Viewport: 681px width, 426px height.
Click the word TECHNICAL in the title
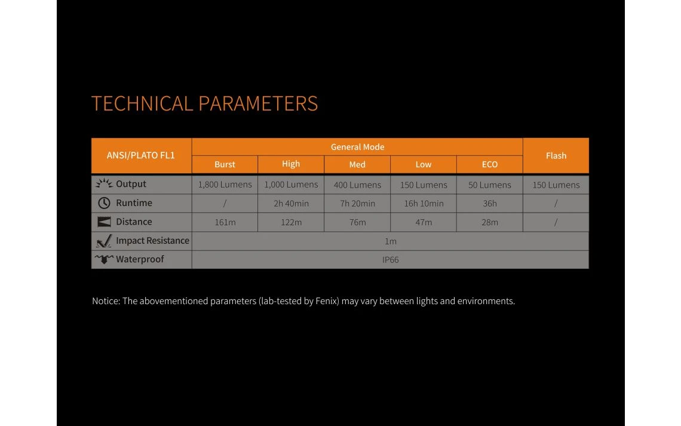click(142, 104)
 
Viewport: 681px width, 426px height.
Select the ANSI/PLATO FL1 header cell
click(141, 155)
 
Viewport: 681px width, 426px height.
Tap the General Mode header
click(357, 147)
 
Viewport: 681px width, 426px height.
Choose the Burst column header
click(225, 164)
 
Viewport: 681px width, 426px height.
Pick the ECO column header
click(489, 164)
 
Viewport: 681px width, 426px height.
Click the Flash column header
click(556, 155)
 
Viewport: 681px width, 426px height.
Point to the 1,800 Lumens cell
click(225, 185)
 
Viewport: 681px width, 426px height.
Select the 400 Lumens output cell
click(357, 185)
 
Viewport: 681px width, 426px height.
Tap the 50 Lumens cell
click(489, 185)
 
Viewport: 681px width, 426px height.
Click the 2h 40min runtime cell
click(291, 203)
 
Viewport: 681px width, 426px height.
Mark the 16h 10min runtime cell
click(424, 203)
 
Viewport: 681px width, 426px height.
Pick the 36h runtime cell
click(489, 203)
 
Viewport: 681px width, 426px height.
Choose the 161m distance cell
click(225, 222)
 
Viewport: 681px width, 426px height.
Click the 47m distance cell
click(424, 222)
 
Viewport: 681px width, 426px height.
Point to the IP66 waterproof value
click(391, 260)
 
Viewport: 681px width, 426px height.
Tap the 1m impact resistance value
click(391, 241)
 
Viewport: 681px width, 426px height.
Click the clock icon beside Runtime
click(104, 203)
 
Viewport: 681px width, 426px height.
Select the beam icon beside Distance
click(104, 222)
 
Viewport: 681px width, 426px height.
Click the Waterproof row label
click(140, 259)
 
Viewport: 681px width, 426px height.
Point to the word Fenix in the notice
click(327, 301)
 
